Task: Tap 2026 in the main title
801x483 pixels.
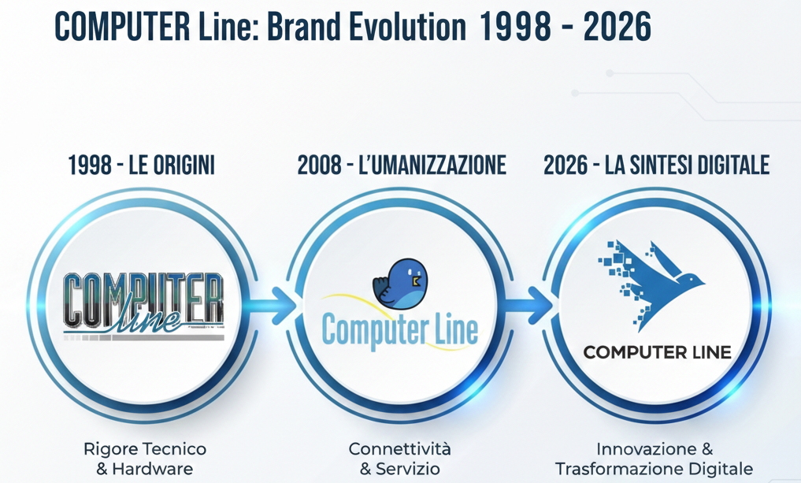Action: click(617, 28)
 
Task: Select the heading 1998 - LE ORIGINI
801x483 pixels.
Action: click(141, 165)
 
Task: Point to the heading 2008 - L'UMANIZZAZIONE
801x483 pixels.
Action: click(402, 165)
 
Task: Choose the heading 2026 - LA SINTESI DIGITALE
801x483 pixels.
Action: click(656, 165)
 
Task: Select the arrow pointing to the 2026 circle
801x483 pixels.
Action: click(530, 306)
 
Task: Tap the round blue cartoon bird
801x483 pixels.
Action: click(400, 282)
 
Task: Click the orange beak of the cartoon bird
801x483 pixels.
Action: click(416, 278)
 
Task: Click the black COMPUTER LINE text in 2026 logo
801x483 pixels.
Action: click(657, 352)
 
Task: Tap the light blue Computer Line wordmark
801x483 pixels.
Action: click(400, 331)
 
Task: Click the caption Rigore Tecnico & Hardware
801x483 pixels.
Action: click(145, 459)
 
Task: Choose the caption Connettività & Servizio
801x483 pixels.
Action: click(400, 459)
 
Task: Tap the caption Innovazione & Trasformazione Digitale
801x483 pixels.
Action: click(655, 459)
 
